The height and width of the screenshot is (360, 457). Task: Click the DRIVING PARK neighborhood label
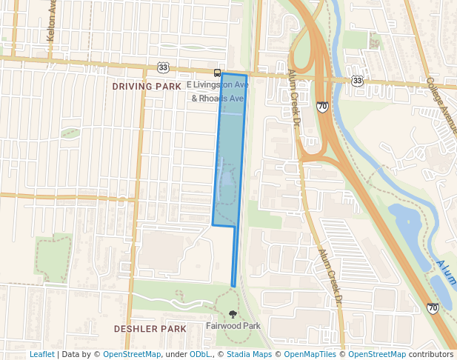pos(147,87)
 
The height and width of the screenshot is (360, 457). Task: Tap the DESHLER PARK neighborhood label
pos(150,328)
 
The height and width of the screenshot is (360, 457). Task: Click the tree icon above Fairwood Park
pos(233,314)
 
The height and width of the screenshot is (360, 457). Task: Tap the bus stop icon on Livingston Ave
pos(217,73)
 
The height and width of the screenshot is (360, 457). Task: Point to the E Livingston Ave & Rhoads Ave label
pos(218,92)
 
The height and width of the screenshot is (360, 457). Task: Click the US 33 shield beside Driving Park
pos(163,67)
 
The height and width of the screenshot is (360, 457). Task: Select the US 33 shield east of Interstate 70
pos(358,79)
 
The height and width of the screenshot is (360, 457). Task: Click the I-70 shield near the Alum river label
pos(433,307)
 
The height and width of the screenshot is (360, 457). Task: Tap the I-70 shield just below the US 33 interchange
pos(322,107)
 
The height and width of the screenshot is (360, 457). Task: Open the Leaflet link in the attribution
pos(41,354)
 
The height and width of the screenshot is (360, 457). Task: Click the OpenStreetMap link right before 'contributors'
pos(377,354)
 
